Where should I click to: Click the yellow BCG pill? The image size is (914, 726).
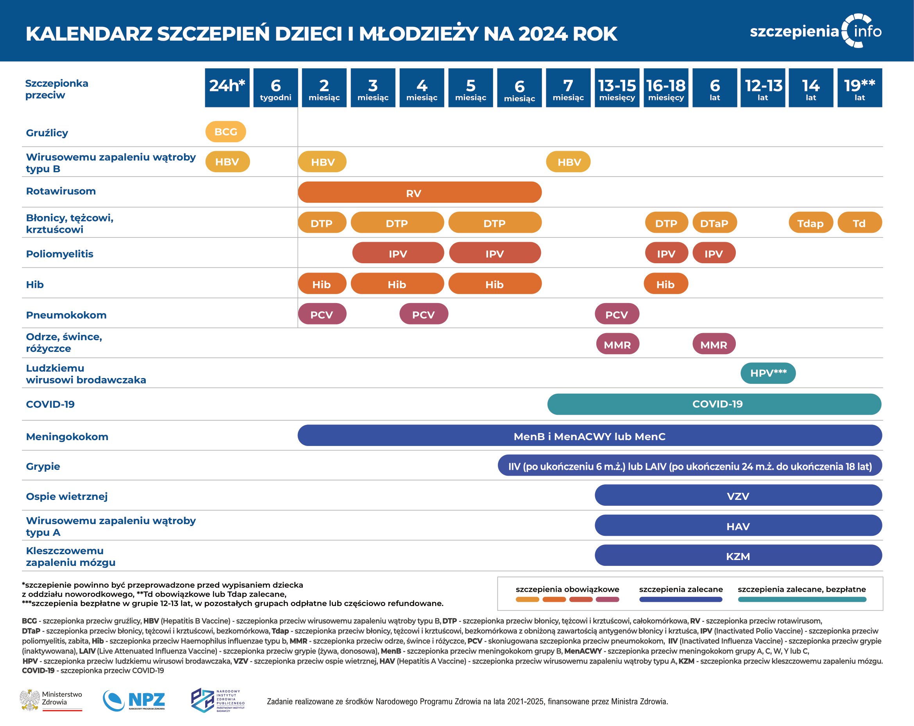point(225,132)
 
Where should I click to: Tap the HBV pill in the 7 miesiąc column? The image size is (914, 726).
point(568,162)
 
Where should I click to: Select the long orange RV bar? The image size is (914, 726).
point(419,193)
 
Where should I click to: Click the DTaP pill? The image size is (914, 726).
point(714,223)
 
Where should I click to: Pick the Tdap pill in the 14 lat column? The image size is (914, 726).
point(810,223)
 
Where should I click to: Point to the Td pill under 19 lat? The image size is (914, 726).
point(859,223)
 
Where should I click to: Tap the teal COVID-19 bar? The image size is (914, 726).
point(714,404)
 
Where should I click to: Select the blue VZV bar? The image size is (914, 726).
point(738,496)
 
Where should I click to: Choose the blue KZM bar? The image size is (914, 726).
point(738,556)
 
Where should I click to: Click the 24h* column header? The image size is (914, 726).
point(227,88)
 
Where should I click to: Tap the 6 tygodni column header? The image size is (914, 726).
point(275,88)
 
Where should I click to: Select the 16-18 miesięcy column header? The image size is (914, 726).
point(665,88)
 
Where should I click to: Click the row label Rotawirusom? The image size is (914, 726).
point(61,191)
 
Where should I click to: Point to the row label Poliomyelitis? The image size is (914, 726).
point(60,254)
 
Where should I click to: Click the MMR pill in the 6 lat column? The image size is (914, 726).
point(714,344)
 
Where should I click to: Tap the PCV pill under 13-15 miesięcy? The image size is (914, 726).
point(617,314)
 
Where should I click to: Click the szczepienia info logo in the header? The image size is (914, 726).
point(816,31)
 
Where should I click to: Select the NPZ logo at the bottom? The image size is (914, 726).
point(134,701)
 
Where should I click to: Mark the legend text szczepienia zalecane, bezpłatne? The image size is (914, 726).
point(802,589)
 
